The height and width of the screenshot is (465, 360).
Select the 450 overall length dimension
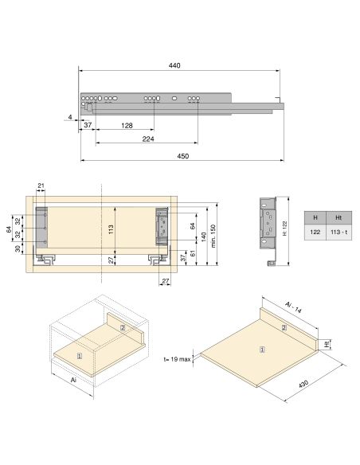coord(182,156)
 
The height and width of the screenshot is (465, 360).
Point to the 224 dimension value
coord(147,139)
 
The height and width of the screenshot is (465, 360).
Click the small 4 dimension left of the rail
coord(70,118)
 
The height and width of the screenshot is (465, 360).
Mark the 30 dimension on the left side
coord(18,248)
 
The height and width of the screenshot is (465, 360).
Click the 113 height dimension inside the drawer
coord(112,229)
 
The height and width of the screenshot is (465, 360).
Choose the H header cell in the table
coord(315,217)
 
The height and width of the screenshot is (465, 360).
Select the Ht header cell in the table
coord(338,217)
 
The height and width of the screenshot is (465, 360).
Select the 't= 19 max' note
coord(176,360)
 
